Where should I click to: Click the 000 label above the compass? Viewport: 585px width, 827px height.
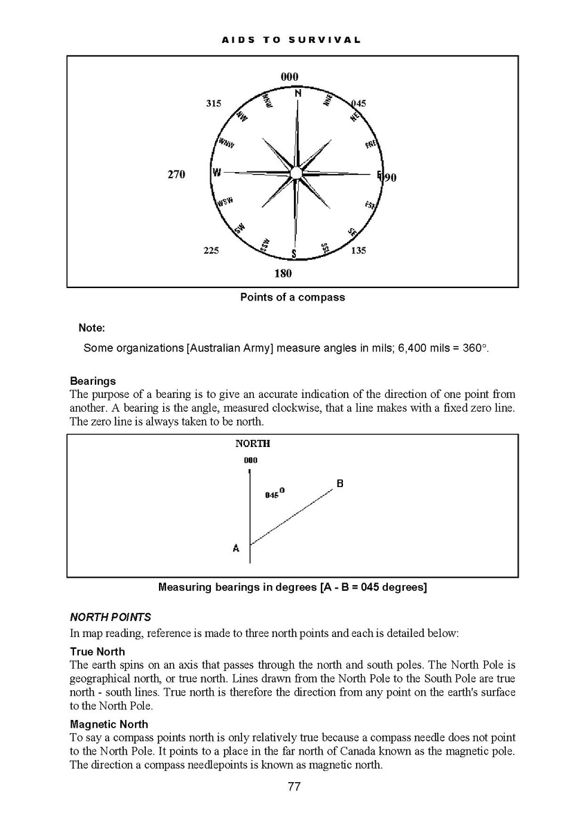[x=290, y=77]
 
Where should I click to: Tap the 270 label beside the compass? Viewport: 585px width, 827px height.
[x=176, y=175]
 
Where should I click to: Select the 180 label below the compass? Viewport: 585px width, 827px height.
[x=283, y=274]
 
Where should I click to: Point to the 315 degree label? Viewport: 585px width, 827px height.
[x=214, y=104]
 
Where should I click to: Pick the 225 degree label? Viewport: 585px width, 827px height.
[x=211, y=251]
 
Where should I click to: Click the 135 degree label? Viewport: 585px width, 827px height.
[x=358, y=251]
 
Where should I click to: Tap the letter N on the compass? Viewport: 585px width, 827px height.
[x=298, y=93]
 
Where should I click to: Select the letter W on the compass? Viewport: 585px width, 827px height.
[x=216, y=173]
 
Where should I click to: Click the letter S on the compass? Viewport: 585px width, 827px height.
[x=294, y=254]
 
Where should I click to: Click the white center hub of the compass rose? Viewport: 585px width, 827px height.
[x=296, y=172]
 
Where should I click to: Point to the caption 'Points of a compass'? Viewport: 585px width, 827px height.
[x=292, y=298]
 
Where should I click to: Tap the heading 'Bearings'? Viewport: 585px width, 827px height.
[x=93, y=381]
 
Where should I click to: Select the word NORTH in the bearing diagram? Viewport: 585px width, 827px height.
[x=252, y=444]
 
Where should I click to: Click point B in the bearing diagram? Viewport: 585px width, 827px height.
[x=340, y=484]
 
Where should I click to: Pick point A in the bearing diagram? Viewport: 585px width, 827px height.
[x=236, y=548]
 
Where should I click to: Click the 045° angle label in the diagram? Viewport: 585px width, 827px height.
[x=275, y=494]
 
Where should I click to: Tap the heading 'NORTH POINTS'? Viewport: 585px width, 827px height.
[x=111, y=617]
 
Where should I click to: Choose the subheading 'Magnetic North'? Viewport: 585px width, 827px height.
[x=109, y=725]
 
